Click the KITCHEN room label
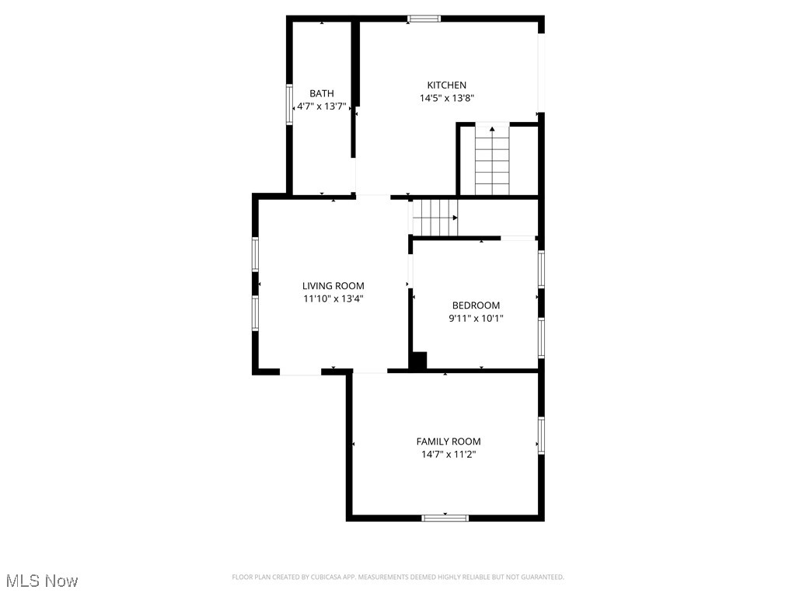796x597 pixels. [x=446, y=86]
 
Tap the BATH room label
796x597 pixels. [x=322, y=93]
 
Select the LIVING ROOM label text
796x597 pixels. [x=333, y=286]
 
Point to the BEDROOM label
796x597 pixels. [x=476, y=305]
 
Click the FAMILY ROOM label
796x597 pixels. [x=449, y=442]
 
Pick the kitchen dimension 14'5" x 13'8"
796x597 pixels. [x=446, y=99]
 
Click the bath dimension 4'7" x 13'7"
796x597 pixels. [x=322, y=106]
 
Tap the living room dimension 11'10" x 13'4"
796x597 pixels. [x=333, y=298]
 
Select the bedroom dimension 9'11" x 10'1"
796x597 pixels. [x=476, y=318]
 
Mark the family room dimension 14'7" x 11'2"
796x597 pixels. [x=449, y=454]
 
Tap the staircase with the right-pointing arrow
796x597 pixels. [x=435, y=218]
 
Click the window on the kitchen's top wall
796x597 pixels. [x=424, y=19]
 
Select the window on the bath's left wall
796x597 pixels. [x=289, y=104]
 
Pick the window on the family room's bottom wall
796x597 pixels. [x=445, y=518]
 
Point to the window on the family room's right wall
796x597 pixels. [x=541, y=435]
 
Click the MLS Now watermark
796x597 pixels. [x=42, y=581]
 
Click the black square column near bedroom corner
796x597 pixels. [x=418, y=361]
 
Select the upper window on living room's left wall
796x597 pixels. [x=255, y=254]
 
